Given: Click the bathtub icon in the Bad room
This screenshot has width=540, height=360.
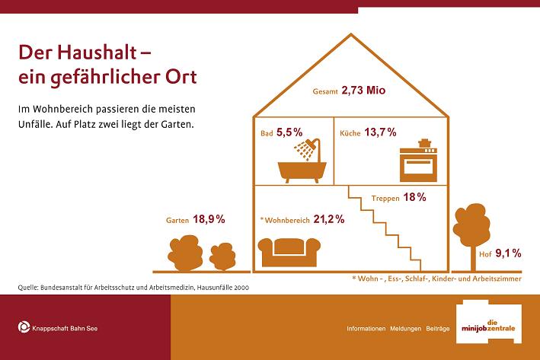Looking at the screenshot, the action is click(302, 172).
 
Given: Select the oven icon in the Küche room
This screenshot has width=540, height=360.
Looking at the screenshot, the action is click(418, 165).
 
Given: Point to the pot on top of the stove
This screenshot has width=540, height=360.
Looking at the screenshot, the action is click(425, 143).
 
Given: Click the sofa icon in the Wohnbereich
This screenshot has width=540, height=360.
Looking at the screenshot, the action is click(289, 252).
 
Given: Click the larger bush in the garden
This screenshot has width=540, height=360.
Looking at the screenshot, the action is click(185, 253).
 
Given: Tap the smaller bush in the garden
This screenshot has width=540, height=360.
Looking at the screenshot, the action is click(222, 256).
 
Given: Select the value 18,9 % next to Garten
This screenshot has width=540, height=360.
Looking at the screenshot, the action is click(209, 219).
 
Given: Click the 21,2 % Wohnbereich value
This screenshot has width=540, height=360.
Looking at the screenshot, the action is click(329, 219).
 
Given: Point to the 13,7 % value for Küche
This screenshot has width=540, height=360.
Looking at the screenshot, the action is click(380, 132).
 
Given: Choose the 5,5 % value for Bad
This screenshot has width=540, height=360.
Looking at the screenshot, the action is click(289, 132).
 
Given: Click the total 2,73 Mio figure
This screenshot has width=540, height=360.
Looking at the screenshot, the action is click(363, 90).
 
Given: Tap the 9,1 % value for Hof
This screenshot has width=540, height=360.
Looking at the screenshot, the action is click(508, 253).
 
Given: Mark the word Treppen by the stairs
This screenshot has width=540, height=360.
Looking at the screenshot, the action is click(385, 198).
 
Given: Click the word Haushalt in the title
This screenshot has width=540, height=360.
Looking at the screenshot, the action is click(97, 53).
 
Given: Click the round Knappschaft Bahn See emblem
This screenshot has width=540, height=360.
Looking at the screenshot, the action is click(24, 327).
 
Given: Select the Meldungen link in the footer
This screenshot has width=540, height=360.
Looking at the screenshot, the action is click(405, 329).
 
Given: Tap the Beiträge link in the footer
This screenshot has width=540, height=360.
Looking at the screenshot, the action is click(438, 329).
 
